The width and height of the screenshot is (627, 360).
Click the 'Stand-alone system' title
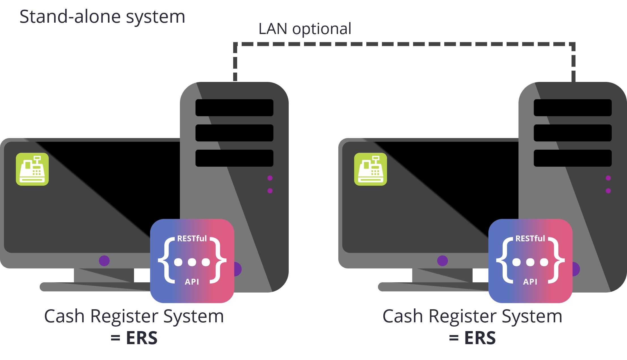tap(102, 17)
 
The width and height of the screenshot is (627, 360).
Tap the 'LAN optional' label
tap(305, 29)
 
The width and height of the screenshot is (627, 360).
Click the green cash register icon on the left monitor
tap(32, 169)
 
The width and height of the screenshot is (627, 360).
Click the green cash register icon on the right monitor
tap(371, 169)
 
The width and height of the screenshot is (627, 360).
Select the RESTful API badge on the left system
tap(192, 261)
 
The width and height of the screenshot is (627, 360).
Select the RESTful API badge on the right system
tap(530, 261)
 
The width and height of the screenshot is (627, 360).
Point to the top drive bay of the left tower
tap(234, 108)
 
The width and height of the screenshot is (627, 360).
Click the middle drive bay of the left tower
tap(234, 133)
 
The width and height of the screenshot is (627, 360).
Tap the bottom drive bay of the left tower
tap(234, 158)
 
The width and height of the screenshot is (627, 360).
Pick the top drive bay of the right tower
tap(573, 108)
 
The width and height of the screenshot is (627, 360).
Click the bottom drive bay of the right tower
tap(573, 158)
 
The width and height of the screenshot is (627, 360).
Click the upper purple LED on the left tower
tap(270, 178)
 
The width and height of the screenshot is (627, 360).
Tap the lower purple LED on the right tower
tap(608, 191)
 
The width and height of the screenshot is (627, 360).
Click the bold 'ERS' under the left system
tap(142, 338)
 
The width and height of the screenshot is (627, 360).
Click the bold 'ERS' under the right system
tap(480, 338)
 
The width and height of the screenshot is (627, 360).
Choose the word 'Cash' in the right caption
tap(403, 316)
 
